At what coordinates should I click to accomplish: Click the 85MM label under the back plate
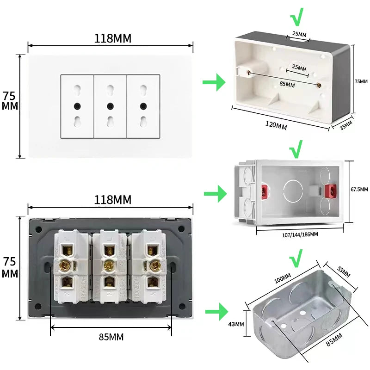click(111, 337)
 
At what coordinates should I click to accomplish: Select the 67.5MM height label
click(359, 190)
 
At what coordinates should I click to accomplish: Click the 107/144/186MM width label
click(300, 234)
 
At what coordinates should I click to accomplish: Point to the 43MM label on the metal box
click(236, 324)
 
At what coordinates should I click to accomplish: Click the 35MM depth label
click(346, 125)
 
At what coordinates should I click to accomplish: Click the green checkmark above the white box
click(297, 18)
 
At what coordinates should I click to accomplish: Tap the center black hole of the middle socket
click(110, 106)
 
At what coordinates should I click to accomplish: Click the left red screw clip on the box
click(265, 190)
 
